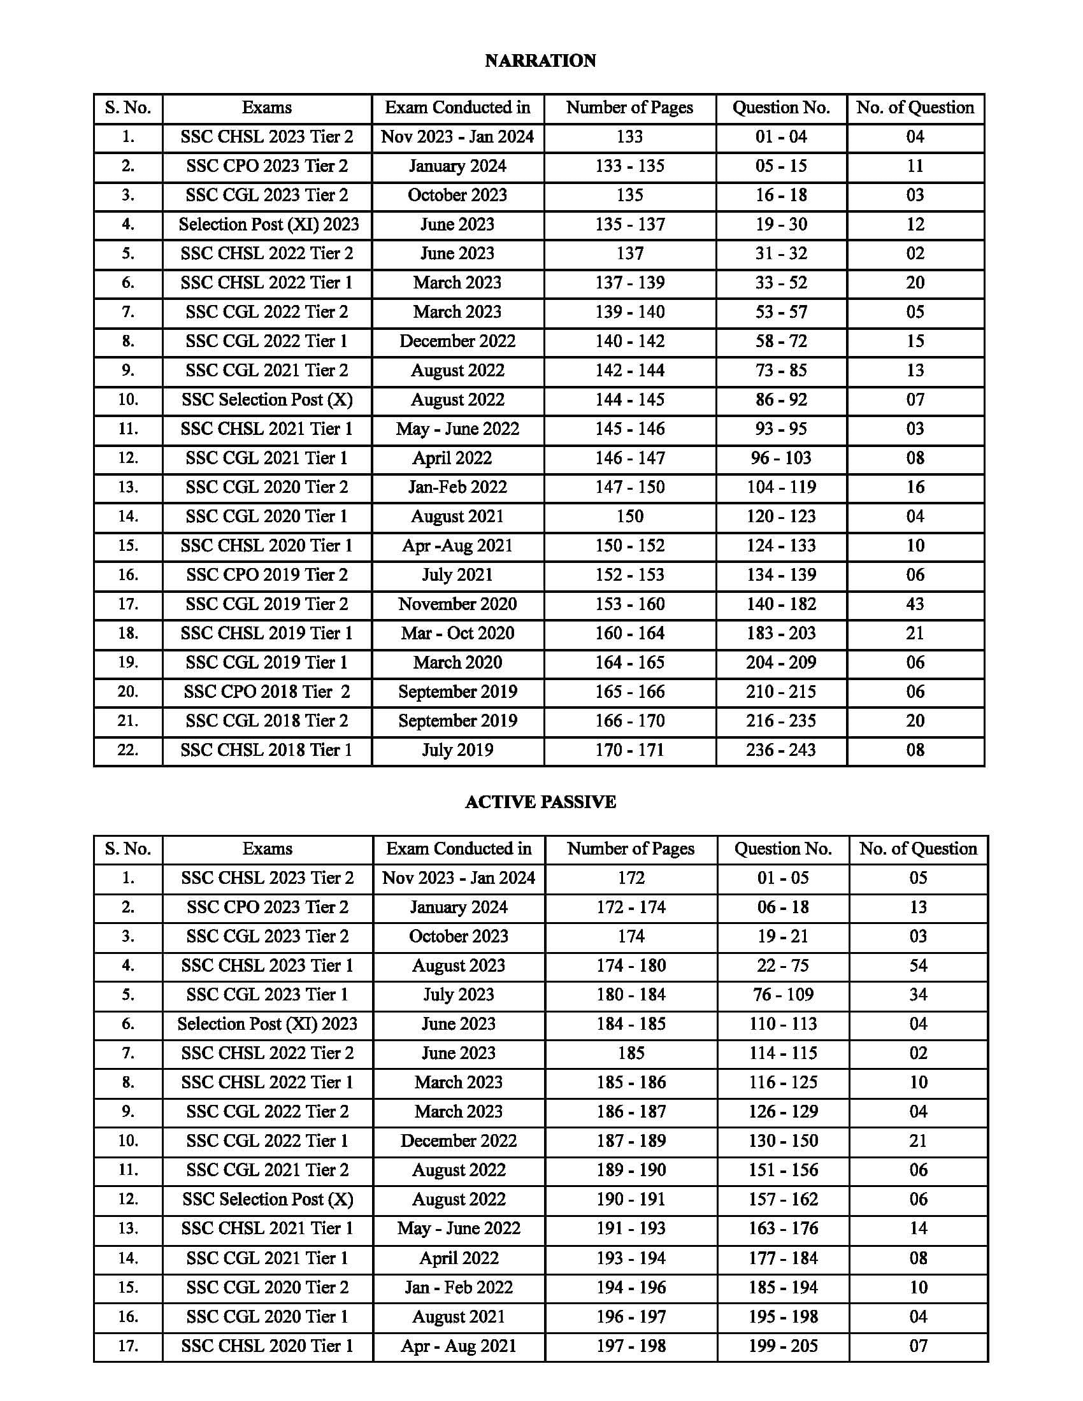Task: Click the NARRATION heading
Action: (540, 61)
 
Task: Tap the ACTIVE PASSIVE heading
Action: (540, 802)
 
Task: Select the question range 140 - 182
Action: (781, 604)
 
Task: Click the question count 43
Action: (915, 604)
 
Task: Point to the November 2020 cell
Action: (457, 604)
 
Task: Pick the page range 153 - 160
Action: (629, 604)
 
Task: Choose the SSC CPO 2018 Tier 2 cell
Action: (267, 692)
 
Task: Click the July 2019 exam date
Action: (457, 751)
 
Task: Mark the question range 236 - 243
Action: (781, 751)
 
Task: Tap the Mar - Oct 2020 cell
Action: (457, 634)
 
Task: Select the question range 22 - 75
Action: (783, 966)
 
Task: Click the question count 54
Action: (917, 966)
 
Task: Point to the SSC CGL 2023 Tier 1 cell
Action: (267, 995)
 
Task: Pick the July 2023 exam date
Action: (458, 995)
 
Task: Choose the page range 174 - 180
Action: (631, 966)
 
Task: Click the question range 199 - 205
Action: (783, 1346)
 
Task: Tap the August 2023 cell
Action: (458, 966)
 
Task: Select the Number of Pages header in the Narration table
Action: (629, 108)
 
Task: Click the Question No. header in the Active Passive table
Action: (783, 850)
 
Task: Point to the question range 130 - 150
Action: (783, 1141)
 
